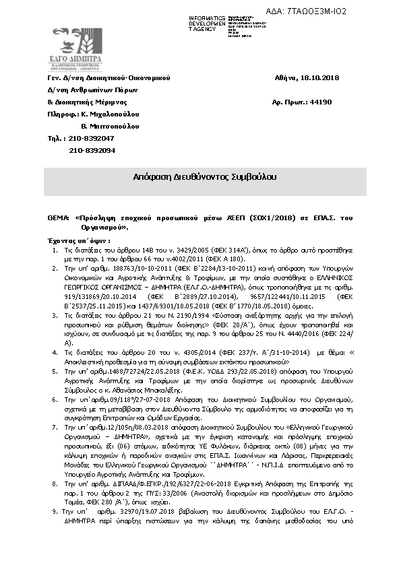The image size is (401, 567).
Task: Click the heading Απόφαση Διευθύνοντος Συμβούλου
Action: pos(205,177)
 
